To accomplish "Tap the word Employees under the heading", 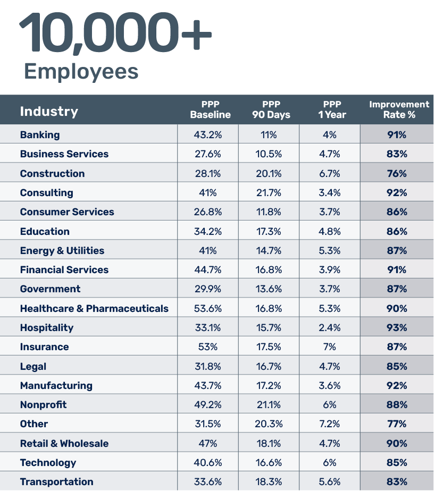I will click(81, 71).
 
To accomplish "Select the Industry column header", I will click(49, 111).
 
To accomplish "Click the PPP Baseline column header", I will click(210, 109).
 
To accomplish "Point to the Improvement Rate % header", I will click(399, 109).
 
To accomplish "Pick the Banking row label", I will click(40, 135).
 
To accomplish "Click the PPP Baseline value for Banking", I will click(207, 135).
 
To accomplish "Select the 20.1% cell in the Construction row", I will click(269, 174).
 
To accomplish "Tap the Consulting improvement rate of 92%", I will click(397, 193).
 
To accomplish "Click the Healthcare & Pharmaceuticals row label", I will click(94, 309).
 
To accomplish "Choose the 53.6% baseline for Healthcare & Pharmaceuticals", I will click(207, 309).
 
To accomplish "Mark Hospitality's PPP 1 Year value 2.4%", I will click(330, 328).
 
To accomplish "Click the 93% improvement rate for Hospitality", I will click(397, 328).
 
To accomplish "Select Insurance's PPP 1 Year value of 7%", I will click(330, 347).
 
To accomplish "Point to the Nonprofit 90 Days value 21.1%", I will click(269, 405).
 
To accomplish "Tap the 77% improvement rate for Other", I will click(397, 424).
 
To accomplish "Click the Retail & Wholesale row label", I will click(64, 444).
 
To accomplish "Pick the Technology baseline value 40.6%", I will click(207, 463).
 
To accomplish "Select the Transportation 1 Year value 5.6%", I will click(330, 482).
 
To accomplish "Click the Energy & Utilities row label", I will click(62, 251).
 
